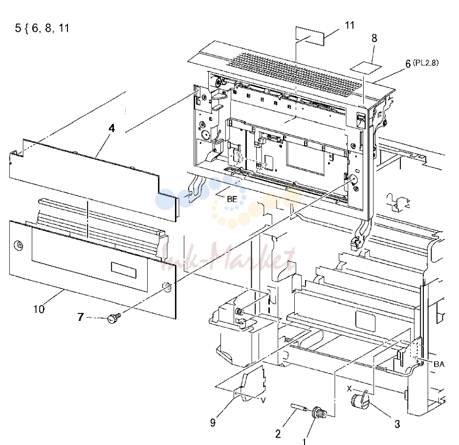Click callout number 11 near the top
coord(350,25)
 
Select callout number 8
coord(374,38)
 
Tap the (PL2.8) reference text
coord(426,63)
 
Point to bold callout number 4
coord(111,128)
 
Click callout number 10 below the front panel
coord(39,309)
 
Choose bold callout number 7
coord(81,317)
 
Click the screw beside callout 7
coord(114,318)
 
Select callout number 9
coord(213,423)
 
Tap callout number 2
coord(278,434)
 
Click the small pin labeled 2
coord(299,407)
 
